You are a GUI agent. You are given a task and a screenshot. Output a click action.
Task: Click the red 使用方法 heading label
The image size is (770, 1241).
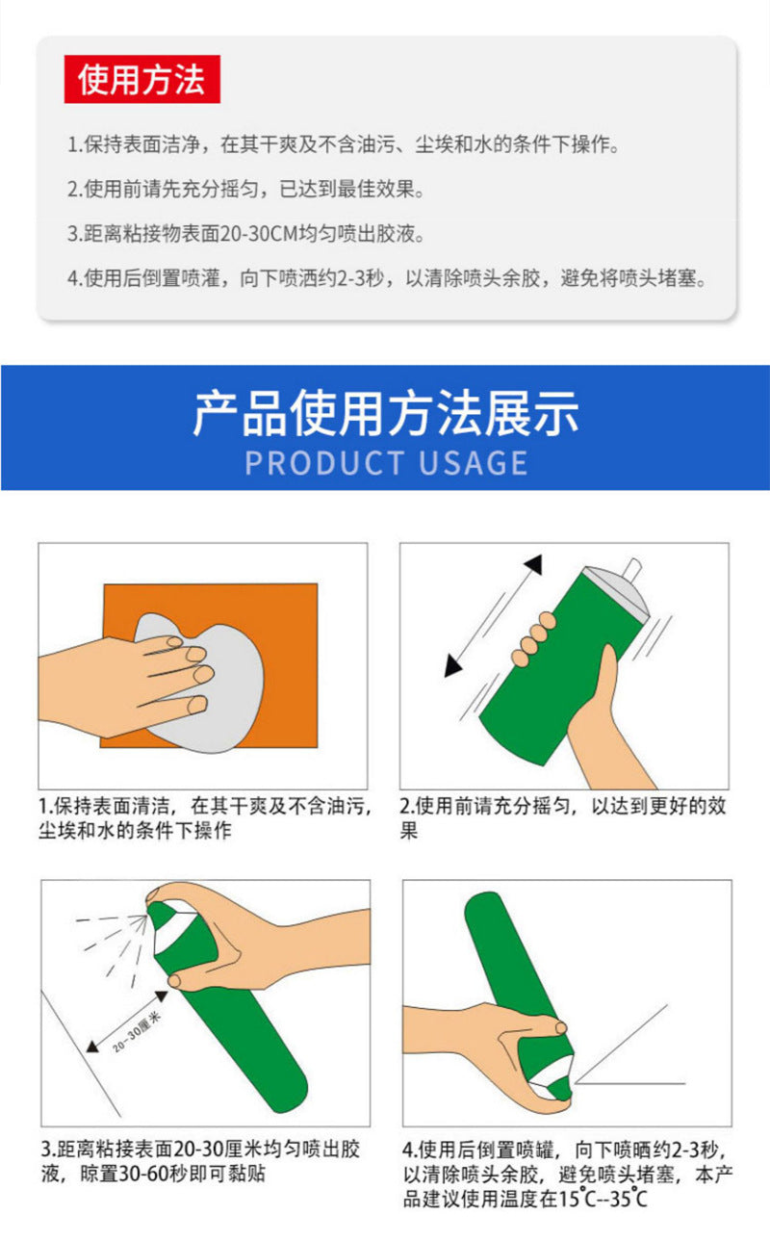142,80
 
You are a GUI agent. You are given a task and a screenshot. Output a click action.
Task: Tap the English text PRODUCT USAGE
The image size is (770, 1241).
386,462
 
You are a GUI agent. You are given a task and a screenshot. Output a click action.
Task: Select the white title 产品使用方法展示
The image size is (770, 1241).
386,414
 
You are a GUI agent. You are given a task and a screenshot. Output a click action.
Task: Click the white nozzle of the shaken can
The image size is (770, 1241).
632,570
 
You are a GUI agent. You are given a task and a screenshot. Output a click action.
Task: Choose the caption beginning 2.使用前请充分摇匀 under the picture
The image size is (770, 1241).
562,817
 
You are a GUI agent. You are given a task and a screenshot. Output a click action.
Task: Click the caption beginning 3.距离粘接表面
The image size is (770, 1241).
202,1161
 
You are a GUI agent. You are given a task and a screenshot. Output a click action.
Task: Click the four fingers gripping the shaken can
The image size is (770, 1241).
534,640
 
